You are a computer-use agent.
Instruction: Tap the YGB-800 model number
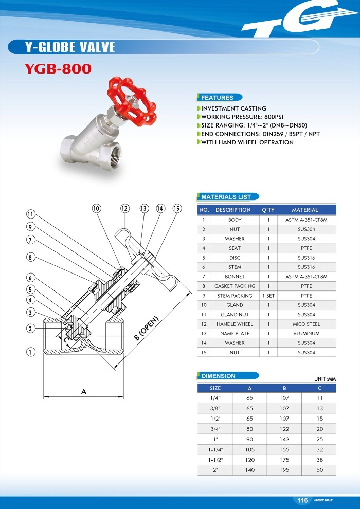coord(58,68)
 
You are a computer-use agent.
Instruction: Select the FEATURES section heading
coord(217,98)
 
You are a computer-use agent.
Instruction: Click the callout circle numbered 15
coord(177,208)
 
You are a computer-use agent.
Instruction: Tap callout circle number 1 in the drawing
coord(30,352)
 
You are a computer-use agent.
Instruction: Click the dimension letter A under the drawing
coord(83,392)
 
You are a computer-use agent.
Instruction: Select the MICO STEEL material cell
coord(307,324)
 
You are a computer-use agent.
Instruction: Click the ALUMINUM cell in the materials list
coord(307,334)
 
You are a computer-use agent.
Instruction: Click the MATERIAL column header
coord(307,210)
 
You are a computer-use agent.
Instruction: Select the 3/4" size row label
coord(215,429)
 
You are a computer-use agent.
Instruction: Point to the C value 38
coord(319,460)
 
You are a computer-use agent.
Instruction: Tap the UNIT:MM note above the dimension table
coord(325,379)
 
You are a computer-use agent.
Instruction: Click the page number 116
coord(302,500)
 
